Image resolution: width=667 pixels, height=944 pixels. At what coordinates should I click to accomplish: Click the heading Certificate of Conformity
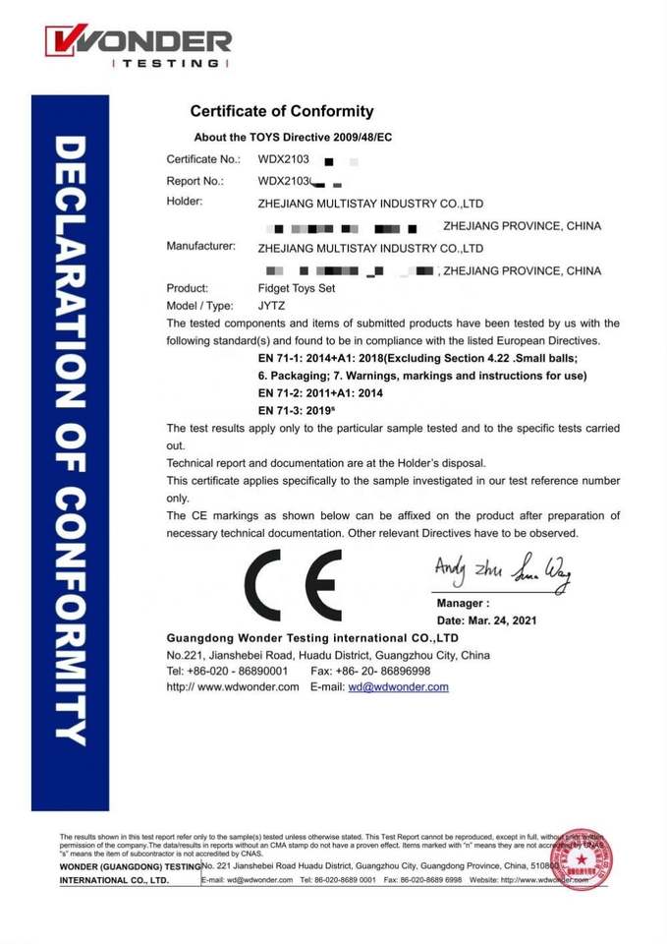(281, 111)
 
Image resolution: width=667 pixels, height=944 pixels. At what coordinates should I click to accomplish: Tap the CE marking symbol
(293, 585)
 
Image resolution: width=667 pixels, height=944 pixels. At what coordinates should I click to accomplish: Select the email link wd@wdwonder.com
(398, 687)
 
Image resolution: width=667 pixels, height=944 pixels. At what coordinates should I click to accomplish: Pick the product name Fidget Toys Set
(296, 289)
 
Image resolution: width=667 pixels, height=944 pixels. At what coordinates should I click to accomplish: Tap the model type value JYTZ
(271, 306)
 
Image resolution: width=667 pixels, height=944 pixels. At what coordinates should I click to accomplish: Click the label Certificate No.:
(203, 158)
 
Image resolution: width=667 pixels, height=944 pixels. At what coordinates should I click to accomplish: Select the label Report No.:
(195, 181)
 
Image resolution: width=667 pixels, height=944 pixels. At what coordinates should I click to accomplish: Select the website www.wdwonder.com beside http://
(248, 687)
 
